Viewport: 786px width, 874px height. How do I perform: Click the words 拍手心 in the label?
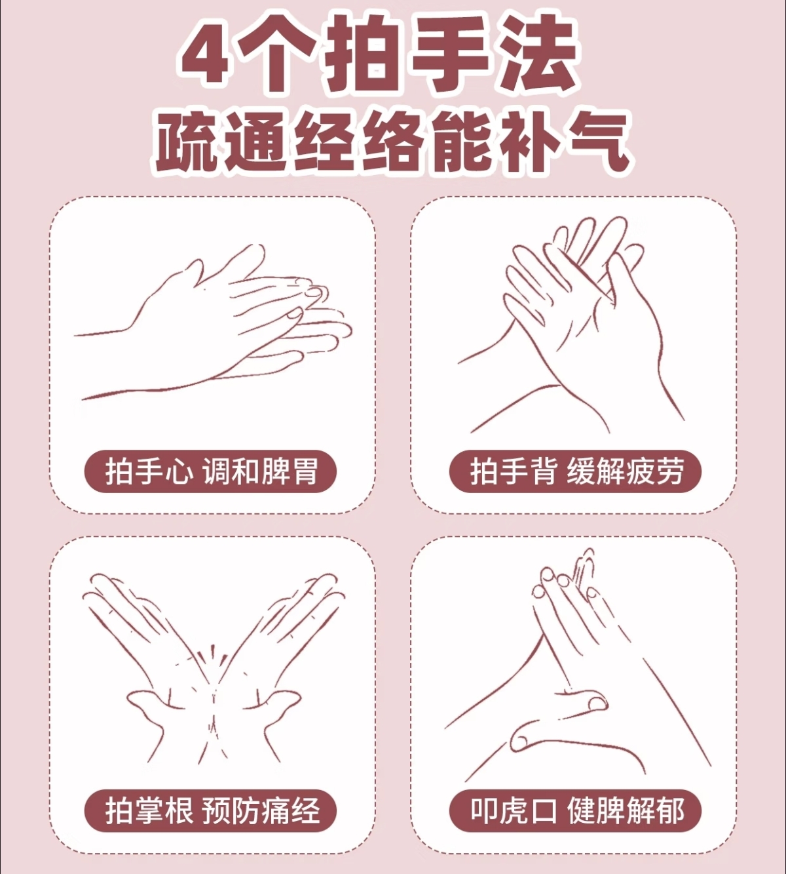[149, 471]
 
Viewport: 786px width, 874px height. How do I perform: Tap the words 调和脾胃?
[261, 471]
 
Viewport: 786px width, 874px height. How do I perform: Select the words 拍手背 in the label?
[514, 471]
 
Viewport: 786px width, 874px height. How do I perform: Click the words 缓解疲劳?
[626, 471]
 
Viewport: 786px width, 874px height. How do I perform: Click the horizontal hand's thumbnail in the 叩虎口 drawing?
[596, 704]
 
